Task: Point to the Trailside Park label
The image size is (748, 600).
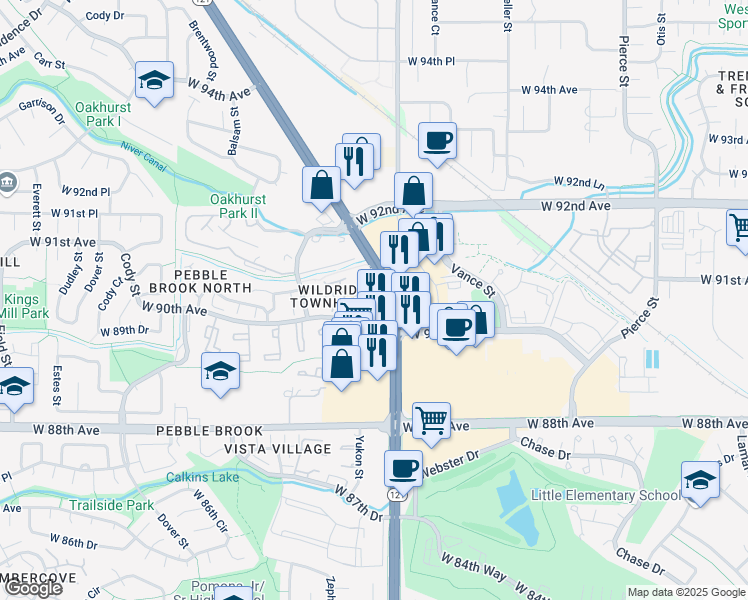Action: [111, 505]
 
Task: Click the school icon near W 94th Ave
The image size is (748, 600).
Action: [154, 82]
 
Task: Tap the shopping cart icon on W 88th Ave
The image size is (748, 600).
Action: [431, 421]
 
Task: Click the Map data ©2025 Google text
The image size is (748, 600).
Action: [685, 592]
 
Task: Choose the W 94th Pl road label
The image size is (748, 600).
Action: [431, 61]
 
